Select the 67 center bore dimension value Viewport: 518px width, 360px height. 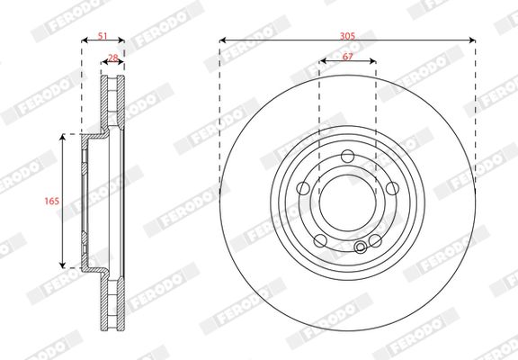pyautogui.click(x=347, y=57)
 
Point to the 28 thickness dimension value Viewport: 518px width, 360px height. pyautogui.click(x=112, y=58)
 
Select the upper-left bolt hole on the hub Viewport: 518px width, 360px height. pyautogui.click(x=303, y=187)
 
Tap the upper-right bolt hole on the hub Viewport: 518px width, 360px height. pyautogui.click(x=392, y=187)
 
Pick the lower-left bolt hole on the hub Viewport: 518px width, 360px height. pyautogui.click(x=318, y=238)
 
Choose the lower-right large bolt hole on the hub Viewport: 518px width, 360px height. pyautogui.click(x=376, y=239)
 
